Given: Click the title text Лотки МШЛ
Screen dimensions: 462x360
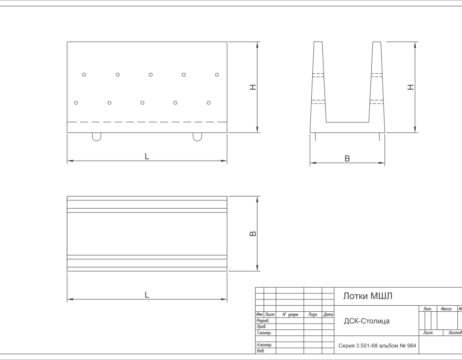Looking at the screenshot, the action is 368,296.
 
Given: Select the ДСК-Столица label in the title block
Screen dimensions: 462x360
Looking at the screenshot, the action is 367,321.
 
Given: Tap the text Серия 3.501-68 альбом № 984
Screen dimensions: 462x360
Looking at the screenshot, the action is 377,345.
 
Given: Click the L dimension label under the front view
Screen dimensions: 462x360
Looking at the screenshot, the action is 147,156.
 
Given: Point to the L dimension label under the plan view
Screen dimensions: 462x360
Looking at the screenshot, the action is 147,295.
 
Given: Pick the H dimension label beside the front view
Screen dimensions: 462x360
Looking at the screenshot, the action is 253,87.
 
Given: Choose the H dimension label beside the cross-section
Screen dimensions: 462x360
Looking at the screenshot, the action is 411,87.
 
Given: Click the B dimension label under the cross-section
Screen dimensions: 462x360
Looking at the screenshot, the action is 347,158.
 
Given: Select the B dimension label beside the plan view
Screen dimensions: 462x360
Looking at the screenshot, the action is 253,233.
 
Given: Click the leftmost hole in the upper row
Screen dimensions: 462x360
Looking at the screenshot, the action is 84,75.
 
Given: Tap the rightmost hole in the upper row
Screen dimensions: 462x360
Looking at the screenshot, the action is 217,75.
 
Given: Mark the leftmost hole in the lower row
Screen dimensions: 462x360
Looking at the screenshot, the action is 76,103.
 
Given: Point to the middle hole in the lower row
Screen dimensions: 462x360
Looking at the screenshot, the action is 142,103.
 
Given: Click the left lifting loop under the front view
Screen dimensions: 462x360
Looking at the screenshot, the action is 97,140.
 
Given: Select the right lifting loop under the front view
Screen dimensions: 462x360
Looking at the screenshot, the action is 197,140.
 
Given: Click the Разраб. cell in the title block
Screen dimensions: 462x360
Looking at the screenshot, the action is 263,320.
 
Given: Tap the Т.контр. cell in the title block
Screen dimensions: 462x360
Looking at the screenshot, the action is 264,333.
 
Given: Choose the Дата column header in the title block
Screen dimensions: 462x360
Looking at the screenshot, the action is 328,315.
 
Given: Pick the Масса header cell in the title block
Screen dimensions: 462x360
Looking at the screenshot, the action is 446,309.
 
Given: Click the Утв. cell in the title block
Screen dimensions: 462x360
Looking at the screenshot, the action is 261,351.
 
